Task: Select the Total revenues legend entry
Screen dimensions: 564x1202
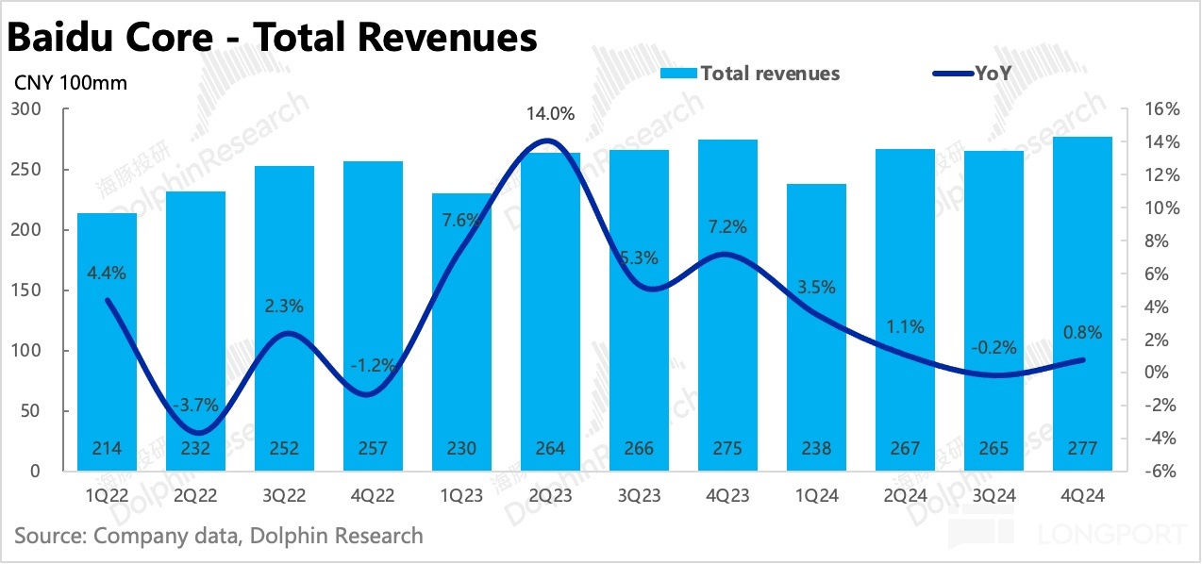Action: click(750, 73)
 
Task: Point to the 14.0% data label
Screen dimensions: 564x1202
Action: click(551, 114)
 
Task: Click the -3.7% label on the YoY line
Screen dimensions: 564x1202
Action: click(195, 405)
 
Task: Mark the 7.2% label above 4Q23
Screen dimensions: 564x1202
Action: click(726, 226)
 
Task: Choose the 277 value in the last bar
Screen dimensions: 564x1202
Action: click(1082, 449)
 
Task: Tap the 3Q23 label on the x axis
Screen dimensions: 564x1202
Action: click(638, 494)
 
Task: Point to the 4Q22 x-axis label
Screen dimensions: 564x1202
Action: click(372, 494)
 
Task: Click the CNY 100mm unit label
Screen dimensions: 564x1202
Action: click(71, 82)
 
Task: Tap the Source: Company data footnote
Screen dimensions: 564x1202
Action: click(219, 536)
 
